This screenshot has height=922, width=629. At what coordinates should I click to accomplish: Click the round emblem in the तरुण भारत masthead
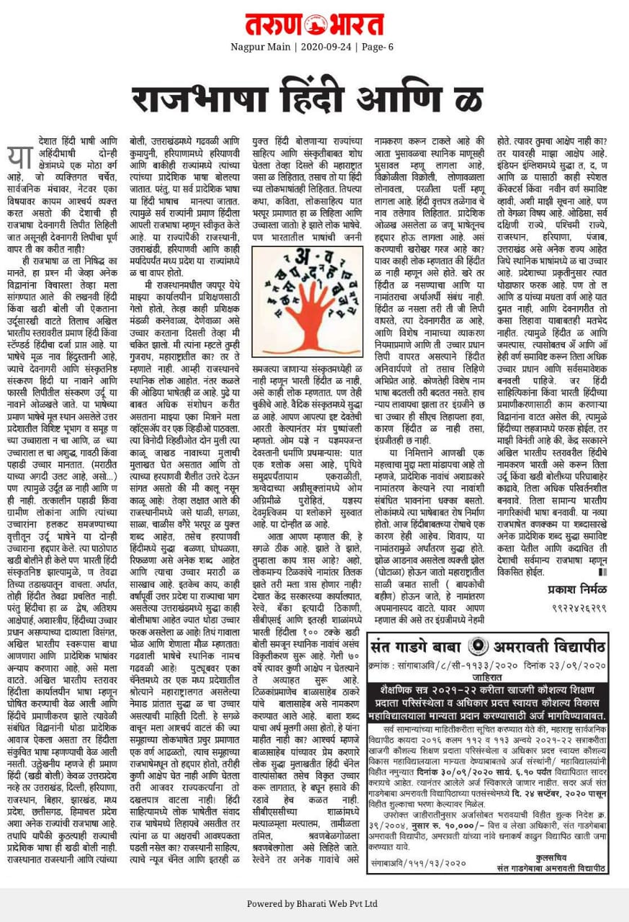tap(314, 24)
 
